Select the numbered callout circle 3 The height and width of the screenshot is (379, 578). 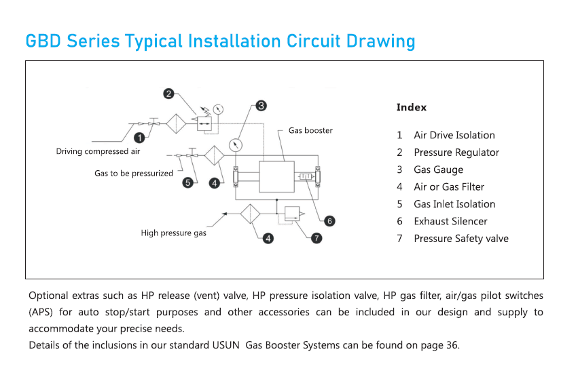(261, 106)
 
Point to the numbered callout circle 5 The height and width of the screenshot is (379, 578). (188, 182)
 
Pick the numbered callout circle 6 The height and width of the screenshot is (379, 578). (329, 220)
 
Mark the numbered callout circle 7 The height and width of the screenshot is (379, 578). (317, 238)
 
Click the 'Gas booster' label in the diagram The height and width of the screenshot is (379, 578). (310, 130)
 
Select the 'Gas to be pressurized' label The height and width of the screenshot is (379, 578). (134, 174)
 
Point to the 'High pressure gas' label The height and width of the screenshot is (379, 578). (173, 233)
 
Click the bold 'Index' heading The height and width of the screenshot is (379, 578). (412, 107)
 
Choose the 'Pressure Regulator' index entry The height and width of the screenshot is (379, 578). (456, 153)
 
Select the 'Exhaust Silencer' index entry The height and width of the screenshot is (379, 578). (450, 221)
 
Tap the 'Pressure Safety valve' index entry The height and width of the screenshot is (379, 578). (460, 238)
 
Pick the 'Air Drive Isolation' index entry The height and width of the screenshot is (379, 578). (454, 136)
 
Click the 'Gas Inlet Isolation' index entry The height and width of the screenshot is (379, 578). (454, 204)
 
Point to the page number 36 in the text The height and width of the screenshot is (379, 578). (452, 345)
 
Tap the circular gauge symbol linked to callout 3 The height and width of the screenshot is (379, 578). (235, 145)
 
